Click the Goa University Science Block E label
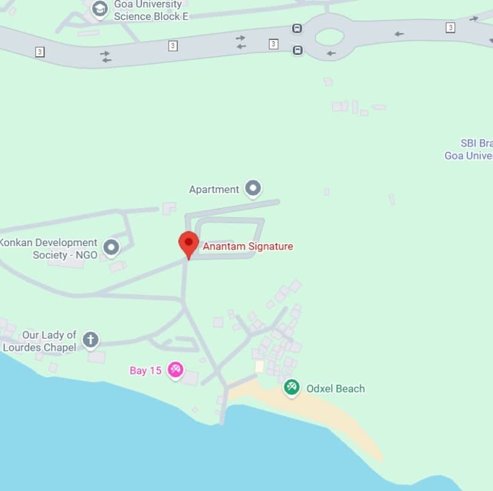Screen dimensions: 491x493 point(151,10)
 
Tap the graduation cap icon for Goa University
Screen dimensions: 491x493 point(100,9)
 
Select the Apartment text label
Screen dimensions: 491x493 point(214,189)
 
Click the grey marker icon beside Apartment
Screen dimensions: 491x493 point(252,188)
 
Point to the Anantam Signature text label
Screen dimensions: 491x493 point(248,247)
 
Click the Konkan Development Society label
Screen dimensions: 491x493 point(48,249)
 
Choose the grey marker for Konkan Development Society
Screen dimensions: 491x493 point(111,247)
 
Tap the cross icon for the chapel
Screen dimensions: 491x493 point(91,339)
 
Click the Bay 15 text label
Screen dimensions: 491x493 point(146,371)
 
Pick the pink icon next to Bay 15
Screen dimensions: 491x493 point(175,369)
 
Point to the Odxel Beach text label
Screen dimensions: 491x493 point(336,389)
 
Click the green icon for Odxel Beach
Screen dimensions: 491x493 point(292,387)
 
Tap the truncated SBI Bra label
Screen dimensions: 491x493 point(477,143)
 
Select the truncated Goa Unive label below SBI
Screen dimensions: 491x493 point(469,156)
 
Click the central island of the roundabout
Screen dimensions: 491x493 point(330,37)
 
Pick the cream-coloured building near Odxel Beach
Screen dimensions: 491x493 point(260,366)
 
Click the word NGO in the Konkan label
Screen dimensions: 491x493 point(86,255)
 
